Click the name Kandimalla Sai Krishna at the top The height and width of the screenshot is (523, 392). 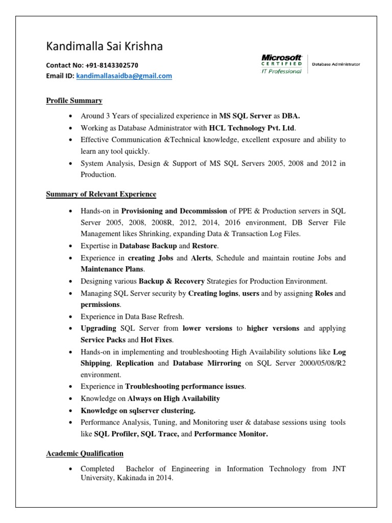[x=104, y=46]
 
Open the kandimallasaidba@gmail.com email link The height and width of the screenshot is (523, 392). [x=124, y=76]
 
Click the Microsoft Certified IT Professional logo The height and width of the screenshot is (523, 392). [x=282, y=64]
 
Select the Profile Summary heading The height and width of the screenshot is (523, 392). [x=74, y=101]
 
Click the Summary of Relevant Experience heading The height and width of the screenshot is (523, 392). [x=101, y=194]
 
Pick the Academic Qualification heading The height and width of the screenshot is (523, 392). [x=85, y=453]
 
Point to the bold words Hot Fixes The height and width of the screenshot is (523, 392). [x=157, y=340]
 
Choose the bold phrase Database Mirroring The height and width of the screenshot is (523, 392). [x=207, y=363]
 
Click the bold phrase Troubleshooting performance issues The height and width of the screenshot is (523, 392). [x=185, y=387]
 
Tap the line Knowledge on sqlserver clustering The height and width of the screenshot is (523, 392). [x=138, y=410]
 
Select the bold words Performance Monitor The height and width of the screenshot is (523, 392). [x=231, y=434]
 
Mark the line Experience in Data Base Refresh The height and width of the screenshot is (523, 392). [x=132, y=316]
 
